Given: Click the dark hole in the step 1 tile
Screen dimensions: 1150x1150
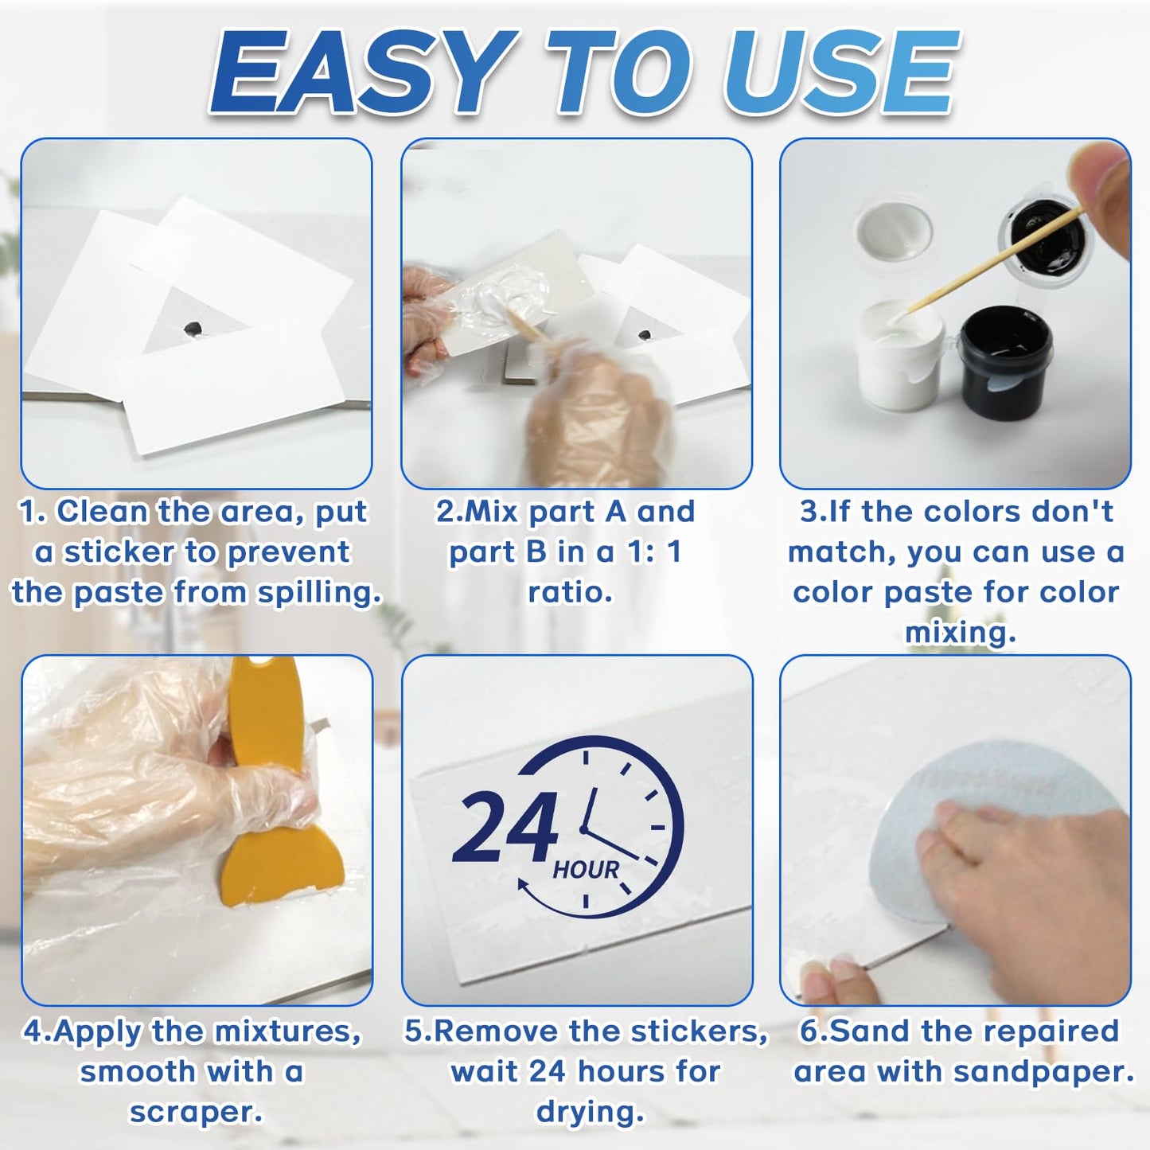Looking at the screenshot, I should pyautogui.click(x=193, y=328).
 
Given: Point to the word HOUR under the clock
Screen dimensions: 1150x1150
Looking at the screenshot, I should pyautogui.click(x=586, y=870).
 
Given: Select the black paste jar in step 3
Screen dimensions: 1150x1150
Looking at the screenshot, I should pyautogui.click(x=1005, y=358).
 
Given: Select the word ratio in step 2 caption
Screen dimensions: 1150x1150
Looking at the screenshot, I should pyautogui.click(x=569, y=592).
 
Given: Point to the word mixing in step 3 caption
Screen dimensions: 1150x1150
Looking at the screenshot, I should pyautogui.click(x=960, y=633).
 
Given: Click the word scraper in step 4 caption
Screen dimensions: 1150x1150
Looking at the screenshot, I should pyautogui.click(x=196, y=1112).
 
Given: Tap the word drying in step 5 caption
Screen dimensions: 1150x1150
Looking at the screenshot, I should pyautogui.click(x=589, y=1112).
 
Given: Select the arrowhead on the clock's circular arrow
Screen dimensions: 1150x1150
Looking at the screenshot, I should pyautogui.click(x=524, y=884).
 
